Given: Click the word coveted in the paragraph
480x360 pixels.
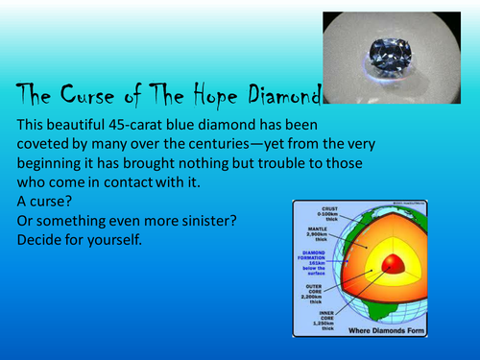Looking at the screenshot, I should click(x=46, y=145).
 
